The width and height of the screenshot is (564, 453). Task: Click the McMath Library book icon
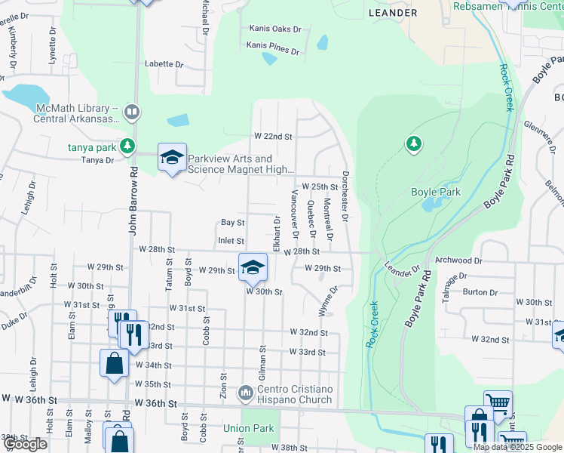[132, 113]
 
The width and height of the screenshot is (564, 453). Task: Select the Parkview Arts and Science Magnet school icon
[172, 158]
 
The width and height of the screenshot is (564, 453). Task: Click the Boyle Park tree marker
[413, 143]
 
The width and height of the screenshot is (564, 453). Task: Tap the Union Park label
[247, 428]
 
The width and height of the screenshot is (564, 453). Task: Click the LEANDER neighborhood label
[393, 13]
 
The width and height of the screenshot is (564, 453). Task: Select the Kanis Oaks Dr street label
[275, 29]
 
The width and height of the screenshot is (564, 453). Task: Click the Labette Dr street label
[164, 64]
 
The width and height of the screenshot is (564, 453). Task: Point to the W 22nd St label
[272, 136]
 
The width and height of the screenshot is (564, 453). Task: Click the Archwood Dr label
[458, 260]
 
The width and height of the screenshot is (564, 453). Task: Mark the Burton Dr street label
[480, 291]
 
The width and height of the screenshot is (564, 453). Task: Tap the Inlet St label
[231, 241]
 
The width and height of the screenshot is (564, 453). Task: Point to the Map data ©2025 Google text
[516, 447]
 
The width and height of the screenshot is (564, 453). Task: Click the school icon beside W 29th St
[253, 266]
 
